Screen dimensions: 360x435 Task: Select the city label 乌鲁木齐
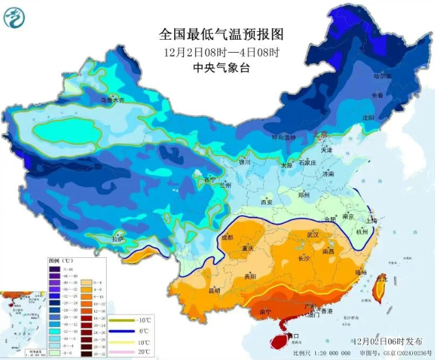point(112,101)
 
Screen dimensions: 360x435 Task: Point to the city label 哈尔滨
point(383,77)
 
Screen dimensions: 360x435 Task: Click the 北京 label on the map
point(320,135)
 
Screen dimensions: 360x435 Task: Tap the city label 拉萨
point(117,239)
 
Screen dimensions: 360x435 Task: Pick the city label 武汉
point(314,235)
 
